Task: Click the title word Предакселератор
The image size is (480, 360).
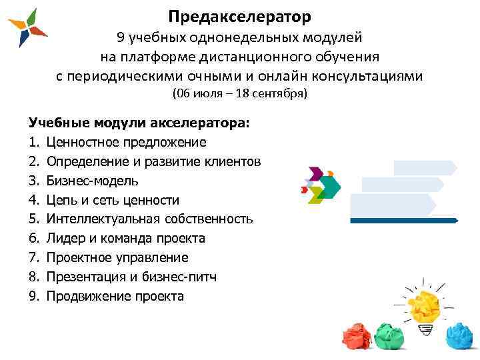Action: (x=239, y=15)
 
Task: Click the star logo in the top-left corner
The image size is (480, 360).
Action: (x=27, y=28)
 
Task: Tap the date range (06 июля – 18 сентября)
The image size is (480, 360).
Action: (x=240, y=94)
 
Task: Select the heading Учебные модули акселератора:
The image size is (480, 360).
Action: (x=139, y=123)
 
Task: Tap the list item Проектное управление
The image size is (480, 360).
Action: (x=117, y=258)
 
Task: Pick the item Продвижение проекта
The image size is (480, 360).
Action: (x=115, y=297)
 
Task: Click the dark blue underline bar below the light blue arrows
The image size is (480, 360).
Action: (x=404, y=219)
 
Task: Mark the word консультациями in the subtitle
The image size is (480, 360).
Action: (x=371, y=75)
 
